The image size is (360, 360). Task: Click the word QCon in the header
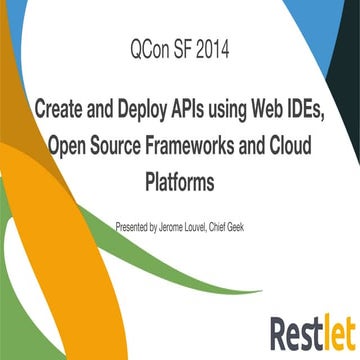151,47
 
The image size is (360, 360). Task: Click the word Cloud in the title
289,146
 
